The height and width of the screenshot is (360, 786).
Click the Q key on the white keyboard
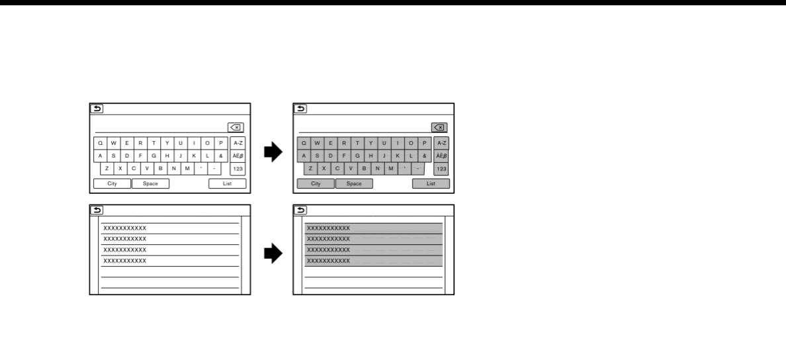click(100, 143)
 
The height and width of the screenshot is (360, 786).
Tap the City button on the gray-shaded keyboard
click(316, 183)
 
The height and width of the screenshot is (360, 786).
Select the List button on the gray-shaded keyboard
click(431, 183)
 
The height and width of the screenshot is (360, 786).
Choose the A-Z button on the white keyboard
click(238, 143)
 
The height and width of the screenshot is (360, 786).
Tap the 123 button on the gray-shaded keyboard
click(441, 169)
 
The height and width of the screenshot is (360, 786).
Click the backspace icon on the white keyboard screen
click(235, 128)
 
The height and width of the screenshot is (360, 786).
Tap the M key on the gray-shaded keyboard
click(390, 169)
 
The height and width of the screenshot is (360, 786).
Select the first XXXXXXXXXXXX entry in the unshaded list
click(125, 228)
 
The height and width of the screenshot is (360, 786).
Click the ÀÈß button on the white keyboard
click(238, 156)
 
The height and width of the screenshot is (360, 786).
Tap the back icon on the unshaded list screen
click(97, 210)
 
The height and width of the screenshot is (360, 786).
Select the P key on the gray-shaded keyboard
click(424, 143)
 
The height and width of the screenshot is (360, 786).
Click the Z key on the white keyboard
click(107, 169)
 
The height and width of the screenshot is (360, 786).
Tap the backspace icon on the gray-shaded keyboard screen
click(438, 128)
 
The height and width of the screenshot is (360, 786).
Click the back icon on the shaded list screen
click(300, 210)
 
